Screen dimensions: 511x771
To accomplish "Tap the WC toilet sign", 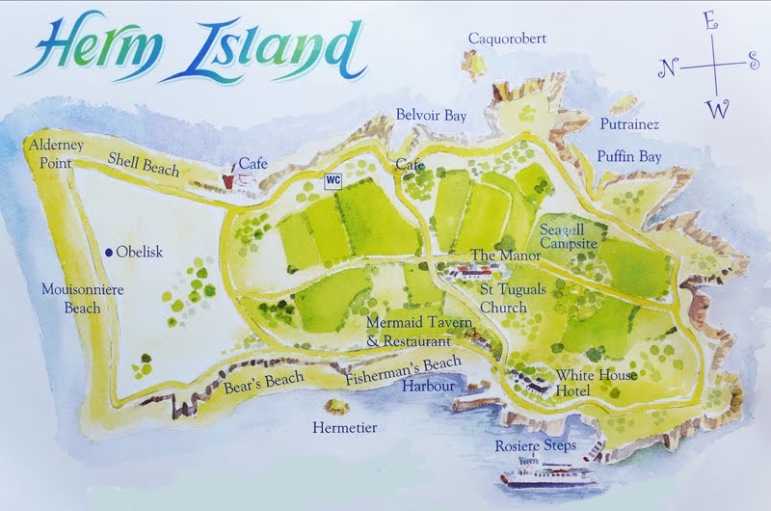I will click(333, 179).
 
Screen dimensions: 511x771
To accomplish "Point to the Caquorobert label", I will click(507, 39).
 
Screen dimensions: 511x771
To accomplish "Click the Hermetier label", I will click(345, 426).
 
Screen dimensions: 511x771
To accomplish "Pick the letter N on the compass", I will click(667, 67).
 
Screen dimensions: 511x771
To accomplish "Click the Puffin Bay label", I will click(628, 154).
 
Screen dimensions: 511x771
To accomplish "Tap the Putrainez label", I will click(629, 124).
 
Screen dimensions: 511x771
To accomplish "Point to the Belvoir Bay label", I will click(431, 115).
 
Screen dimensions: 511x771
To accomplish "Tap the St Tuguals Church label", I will click(504, 299).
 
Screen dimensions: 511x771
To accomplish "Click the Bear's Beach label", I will click(263, 381).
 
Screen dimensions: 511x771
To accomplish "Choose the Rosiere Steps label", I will click(535, 445).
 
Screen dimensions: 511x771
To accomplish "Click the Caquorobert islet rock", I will click(475, 64).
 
